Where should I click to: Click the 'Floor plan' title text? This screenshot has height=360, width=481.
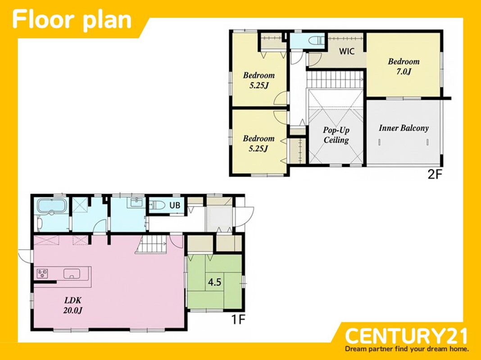[x=72, y=19]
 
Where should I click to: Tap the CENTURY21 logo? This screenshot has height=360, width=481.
[x=406, y=336]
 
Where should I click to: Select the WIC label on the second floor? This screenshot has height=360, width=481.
[x=347, y=51]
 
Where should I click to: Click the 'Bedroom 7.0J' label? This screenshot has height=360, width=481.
[x=404, y=66]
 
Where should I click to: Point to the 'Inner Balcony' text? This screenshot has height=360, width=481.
[x=404, y=128]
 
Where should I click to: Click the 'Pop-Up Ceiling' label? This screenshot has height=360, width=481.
[x=336, y=135]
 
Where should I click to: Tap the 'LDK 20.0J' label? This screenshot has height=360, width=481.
[x=73, y=305]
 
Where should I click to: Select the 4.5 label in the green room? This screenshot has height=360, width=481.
[x=214, y=282]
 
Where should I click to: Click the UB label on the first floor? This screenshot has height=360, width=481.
[x=175, y=205]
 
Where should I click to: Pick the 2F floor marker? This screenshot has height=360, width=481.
[x=435, y=174]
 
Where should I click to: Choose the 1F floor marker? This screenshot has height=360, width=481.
[x=238, y=319]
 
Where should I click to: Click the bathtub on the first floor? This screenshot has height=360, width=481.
[x=51, y=206]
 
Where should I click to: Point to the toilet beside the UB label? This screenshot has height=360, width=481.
[x=156, y=205]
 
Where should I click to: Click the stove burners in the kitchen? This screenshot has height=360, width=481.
[x=42, y=273]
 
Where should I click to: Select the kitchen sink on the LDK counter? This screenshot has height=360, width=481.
[x=72, y=273]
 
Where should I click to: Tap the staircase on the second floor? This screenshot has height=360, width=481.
[x=335, y=79]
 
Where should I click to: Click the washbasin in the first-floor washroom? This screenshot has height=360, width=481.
[x=135, y=202]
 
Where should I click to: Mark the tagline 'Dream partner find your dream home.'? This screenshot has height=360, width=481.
[x=407, y=349]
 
